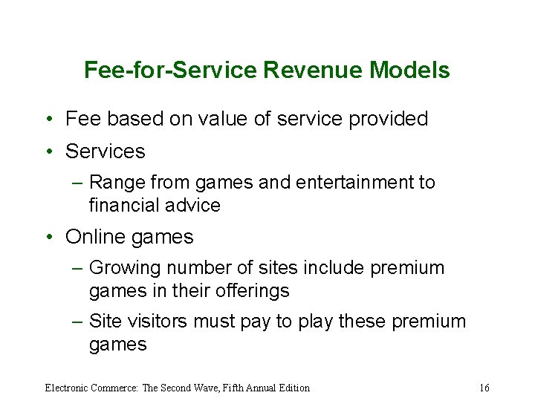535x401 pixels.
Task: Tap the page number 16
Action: [484, 388]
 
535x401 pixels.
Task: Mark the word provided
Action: [389, 119]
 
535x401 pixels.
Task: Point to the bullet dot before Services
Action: [48, 151]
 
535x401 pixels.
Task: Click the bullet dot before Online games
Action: [48, 238]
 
